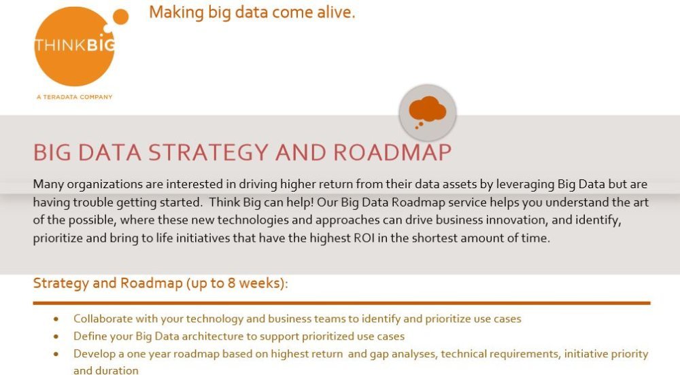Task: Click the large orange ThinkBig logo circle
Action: tap(74, 46)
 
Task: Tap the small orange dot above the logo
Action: tap(120, 17)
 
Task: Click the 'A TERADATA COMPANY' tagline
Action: tap(75, 97)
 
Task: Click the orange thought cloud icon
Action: tap(427, 111)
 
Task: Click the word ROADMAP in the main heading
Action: tap(392, 152)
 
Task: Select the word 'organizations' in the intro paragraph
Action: tap(105, 185)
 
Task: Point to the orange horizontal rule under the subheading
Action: tap(342, 303)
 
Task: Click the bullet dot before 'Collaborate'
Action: tap(56, 319)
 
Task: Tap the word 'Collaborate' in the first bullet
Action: tap(103, 319)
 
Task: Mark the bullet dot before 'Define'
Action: tap(56, 336)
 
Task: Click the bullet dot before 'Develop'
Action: tap(56, 354)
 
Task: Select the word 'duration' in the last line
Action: tap(120, 371)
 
